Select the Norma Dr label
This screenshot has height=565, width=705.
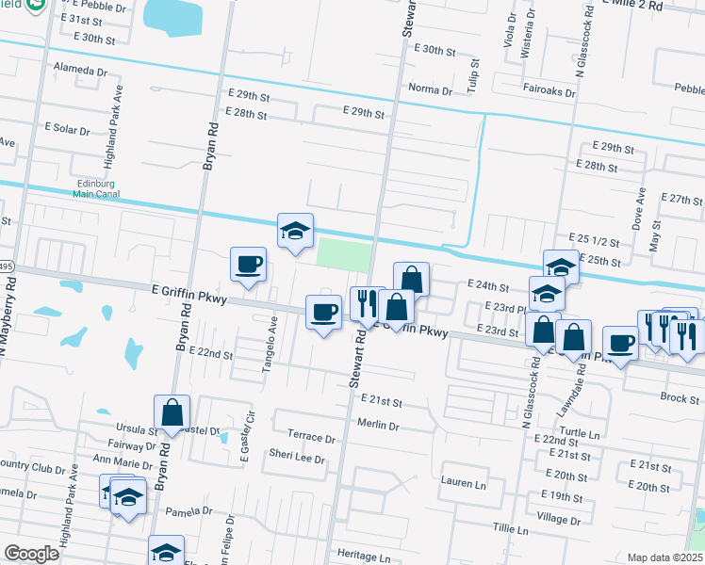431,89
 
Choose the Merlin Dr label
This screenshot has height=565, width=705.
379,426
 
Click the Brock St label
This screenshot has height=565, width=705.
680,398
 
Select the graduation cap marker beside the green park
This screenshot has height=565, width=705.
295,231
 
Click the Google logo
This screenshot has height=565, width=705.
31,554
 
